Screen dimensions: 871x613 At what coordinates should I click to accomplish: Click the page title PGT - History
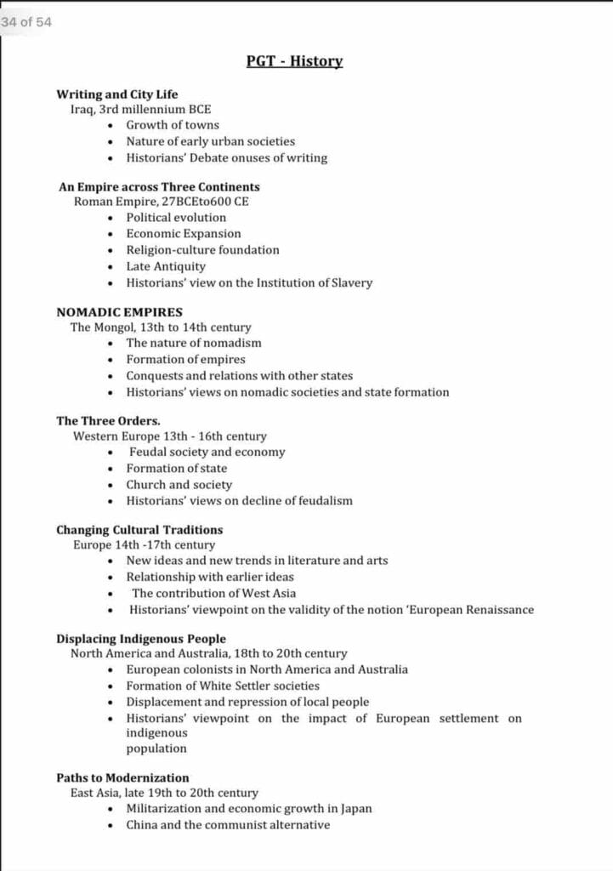click(294, 61)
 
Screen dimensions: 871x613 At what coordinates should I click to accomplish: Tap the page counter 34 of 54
click(26, 22)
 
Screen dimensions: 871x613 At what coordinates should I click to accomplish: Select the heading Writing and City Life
click(117, 94)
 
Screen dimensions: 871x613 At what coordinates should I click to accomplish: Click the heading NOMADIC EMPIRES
click(119, 311)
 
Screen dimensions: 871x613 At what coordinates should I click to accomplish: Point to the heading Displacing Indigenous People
click(141, 638)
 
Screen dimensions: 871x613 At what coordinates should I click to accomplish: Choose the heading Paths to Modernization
click(122, 777)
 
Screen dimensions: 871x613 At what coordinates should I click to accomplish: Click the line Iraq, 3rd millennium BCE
click(140, 109)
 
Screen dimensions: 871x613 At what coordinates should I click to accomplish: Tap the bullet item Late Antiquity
click(166, 266)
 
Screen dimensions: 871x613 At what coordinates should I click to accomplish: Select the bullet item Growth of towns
click(173, 125)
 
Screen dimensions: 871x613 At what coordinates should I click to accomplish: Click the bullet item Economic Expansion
click(184, 233)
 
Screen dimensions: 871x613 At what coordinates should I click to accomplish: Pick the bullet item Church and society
click(179, 484)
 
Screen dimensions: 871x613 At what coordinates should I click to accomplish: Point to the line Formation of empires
click(185, 359)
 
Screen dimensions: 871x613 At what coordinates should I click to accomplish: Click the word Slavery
click(350, 282)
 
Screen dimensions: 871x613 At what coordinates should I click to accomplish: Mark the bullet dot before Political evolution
click(111, 218)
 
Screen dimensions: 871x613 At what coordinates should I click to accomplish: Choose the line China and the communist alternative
click(228, 824)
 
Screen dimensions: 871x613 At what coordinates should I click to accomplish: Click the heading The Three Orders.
click(108, 420)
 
